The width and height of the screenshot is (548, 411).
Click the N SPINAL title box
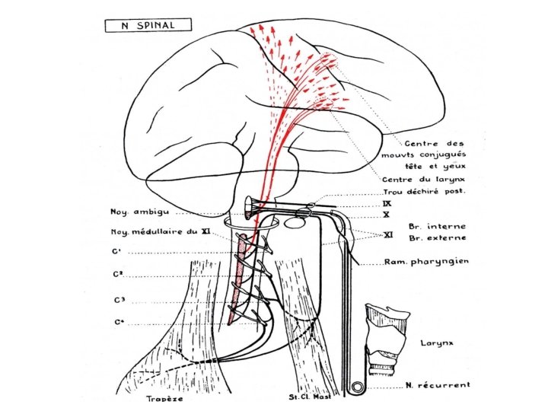[x=148, y=24]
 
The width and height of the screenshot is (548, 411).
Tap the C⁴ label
[x=120, y=323]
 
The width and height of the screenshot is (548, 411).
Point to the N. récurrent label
[x=436, y=386]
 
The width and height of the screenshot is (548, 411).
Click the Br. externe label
[x=437, y=238]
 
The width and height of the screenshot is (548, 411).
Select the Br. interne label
[x=437, y=226]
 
